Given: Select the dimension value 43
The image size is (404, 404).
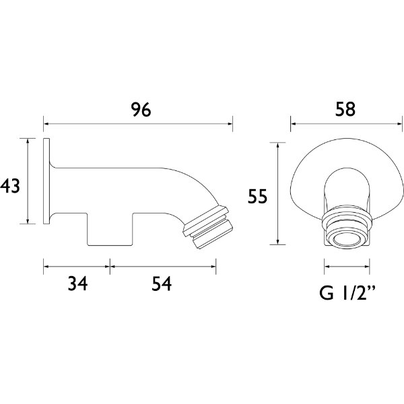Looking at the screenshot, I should tap(10, 185).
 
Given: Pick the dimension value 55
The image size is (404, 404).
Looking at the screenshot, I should tap(258, 196).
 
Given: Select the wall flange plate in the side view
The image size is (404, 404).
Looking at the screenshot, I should tap(47, 182).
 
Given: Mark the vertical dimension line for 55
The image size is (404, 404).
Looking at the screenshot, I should tap(276, 193).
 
